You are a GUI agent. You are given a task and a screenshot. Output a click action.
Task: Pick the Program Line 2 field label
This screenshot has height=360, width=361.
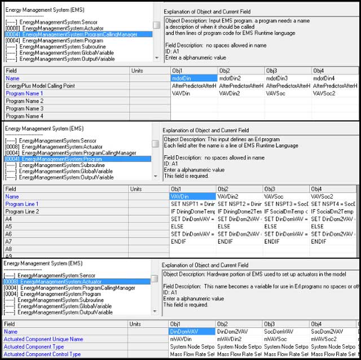click(22, 212)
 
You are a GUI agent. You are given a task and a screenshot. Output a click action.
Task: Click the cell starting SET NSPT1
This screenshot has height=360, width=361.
click(192, 204)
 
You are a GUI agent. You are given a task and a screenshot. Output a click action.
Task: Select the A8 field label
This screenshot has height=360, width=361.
click(9, 248)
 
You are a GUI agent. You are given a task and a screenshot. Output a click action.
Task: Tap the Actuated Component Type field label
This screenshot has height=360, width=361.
click(34, 346)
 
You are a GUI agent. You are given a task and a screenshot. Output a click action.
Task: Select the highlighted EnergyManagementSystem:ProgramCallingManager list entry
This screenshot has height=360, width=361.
click(78, 34)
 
